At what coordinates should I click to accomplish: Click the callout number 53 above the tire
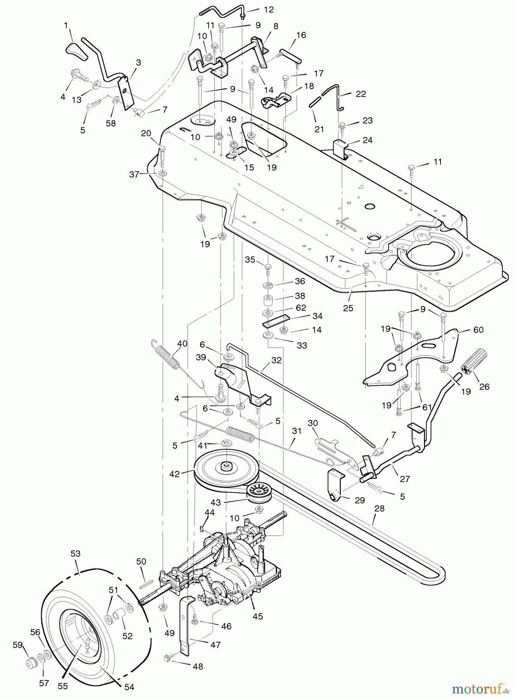click(75, 553)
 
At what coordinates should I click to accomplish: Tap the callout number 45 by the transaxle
click(258, 616)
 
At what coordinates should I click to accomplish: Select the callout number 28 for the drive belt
click(379, 508)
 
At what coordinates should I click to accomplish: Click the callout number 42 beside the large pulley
click(175, 474)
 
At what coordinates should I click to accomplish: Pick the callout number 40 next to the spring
click(182, 343)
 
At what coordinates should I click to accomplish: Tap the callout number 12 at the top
click(269, 10)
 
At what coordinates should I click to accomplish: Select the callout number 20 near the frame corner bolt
click(146, 133)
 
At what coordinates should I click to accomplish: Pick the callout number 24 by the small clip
click(367, 140)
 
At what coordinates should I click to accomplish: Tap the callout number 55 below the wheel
click(63, 686)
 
